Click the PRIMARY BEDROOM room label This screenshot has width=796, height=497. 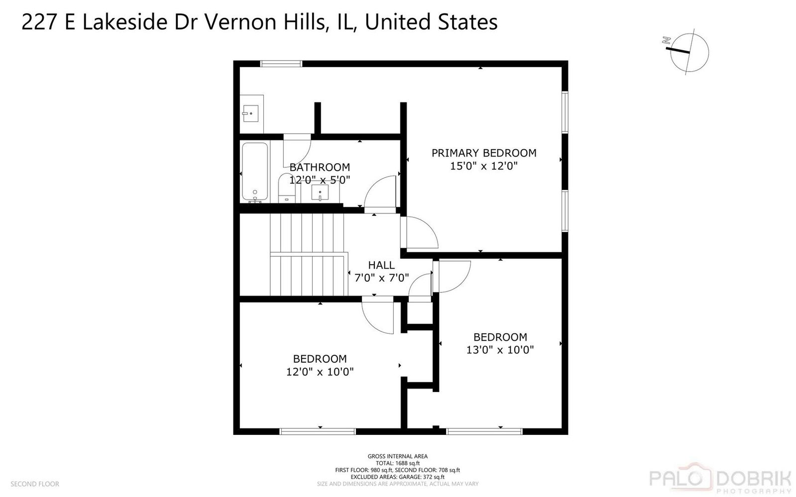pos(484,153)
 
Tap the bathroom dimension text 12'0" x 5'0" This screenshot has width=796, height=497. pos(320,180)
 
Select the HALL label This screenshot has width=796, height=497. pos(381,265)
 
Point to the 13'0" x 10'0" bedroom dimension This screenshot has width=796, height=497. pos(500,350)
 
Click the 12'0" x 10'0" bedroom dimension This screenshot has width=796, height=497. pos(320,372)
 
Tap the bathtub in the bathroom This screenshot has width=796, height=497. pos(255,172)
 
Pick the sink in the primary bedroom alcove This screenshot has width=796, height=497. pos(250,113)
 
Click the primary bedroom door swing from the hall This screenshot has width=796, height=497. pos(419,232)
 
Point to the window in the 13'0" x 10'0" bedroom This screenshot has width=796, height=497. pos(484,431)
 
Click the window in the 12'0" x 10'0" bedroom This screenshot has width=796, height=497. pos(318,431)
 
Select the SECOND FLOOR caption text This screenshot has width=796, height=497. pos(35,484)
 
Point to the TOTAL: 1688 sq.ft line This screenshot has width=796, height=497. pos(398,463)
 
